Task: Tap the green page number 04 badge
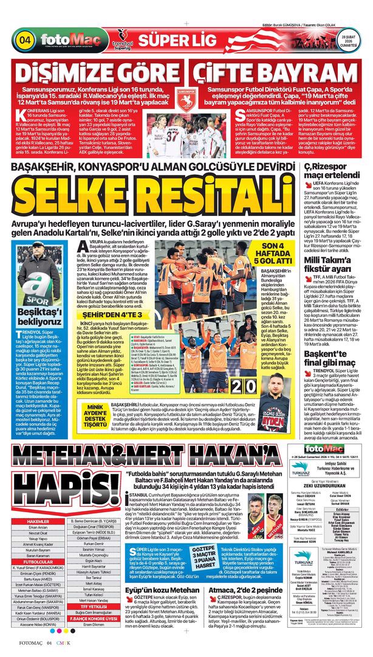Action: coord(26,41)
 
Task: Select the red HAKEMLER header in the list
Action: coord(38,522)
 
